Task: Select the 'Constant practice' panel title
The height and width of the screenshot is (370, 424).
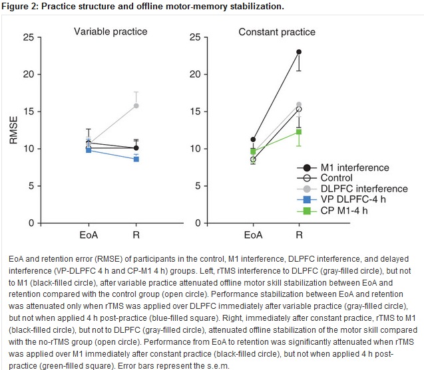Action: point(277,32)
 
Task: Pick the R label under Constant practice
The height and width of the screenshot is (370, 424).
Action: point(299,234)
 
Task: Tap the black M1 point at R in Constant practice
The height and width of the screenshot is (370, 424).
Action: point(299,52)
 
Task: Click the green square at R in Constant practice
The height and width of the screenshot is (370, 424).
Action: point(299,132)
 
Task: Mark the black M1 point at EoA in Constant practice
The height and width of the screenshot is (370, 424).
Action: point(253,139)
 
